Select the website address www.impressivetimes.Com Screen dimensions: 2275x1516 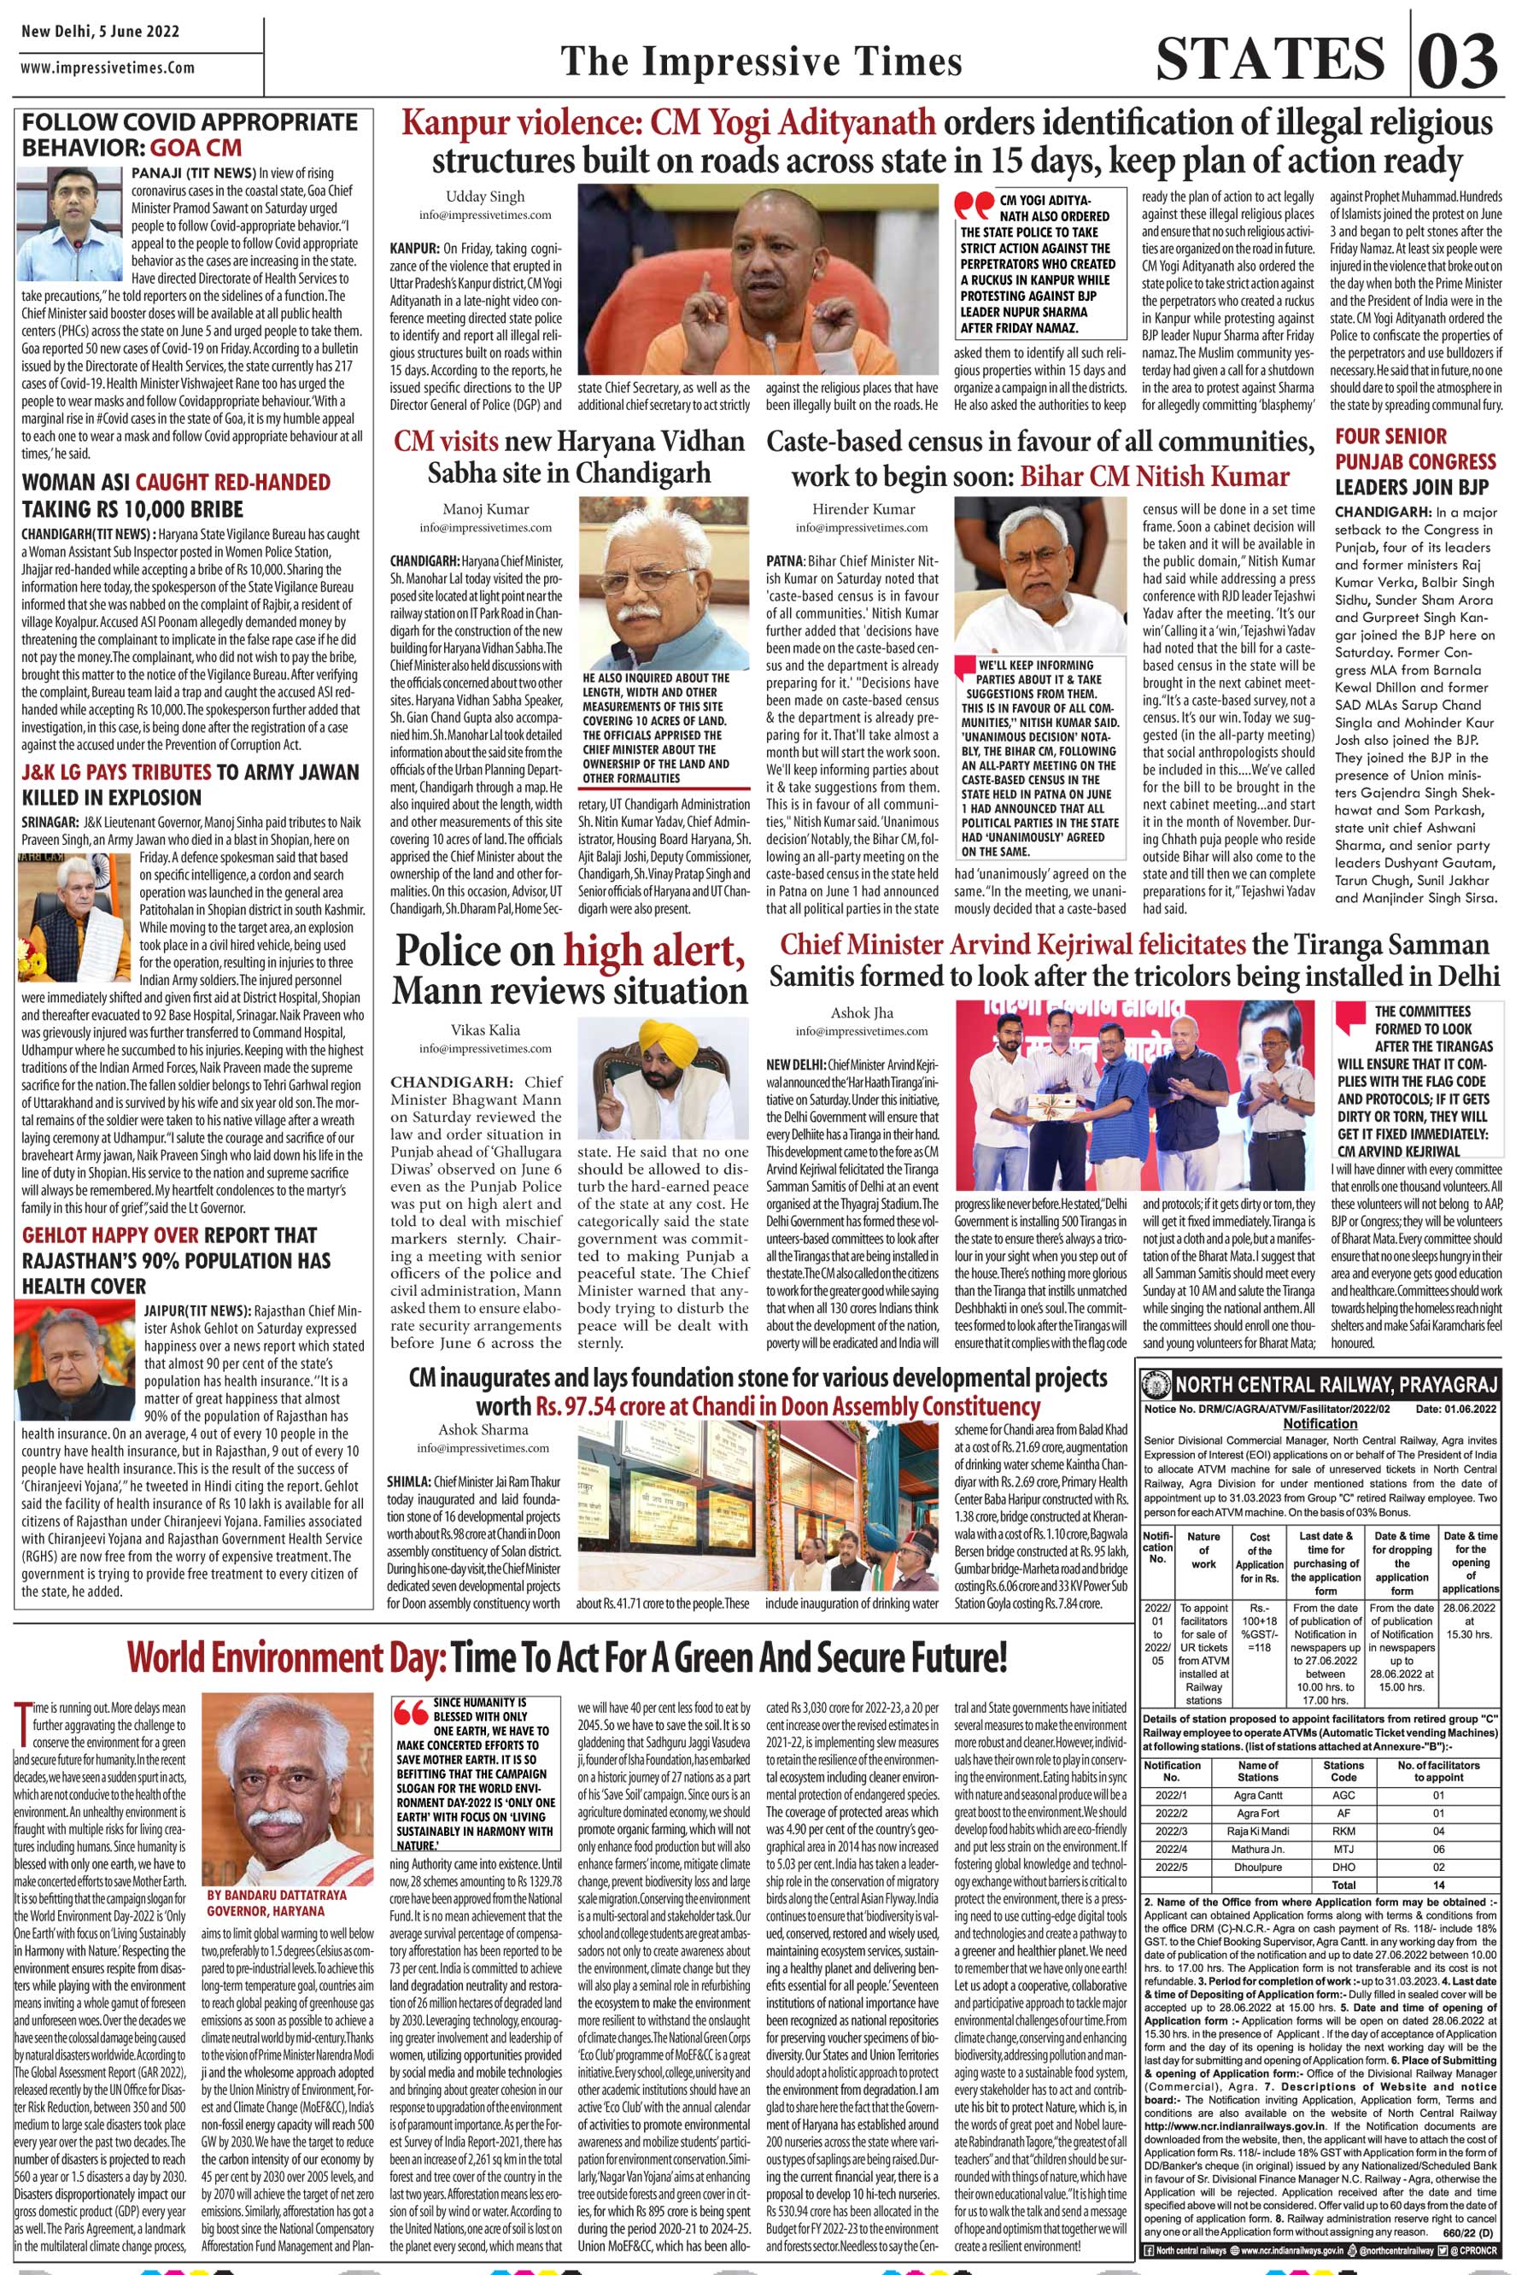pyautogui.click(x=108, y=67)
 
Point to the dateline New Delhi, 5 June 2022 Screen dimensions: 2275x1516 pyautogui.click(x=100, y=31)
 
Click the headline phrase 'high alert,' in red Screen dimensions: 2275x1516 pyautogui.click(x=656, y=953)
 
